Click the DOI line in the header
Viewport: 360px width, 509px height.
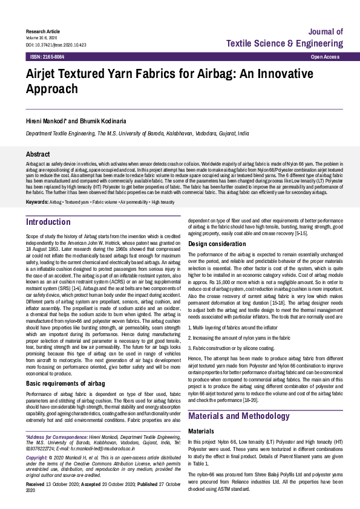pos(56,45)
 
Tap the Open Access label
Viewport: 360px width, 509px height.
pos(325,56)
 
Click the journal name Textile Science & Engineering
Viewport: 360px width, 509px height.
pos(284,44)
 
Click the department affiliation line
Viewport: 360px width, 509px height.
pos(137,133)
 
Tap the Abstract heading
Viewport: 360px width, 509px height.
pos(38,154)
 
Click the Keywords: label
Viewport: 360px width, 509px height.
pos(38,201)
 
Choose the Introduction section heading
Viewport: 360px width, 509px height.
pos(48,222)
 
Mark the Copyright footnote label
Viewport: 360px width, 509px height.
pos(38,459)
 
